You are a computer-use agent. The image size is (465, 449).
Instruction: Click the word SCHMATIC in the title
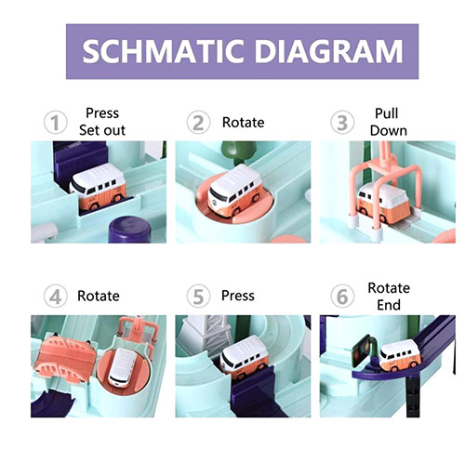point(163,51)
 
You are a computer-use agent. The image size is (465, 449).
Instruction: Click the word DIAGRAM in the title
point(328,51)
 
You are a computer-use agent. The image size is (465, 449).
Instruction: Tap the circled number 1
point(56,123)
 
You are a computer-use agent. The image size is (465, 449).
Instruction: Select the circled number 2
point(198,123)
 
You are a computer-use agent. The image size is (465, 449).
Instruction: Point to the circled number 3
point(342,123)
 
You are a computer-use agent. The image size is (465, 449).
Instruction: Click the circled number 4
point(56,297)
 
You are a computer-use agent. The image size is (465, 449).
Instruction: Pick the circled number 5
point(198,297)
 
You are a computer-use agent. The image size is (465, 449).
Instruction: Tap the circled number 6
point(342,297)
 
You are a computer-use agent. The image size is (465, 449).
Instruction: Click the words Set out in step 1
point(102,130)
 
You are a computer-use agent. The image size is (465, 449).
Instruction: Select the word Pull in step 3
point(387,113)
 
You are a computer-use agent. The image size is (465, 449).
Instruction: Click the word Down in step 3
point(389,130)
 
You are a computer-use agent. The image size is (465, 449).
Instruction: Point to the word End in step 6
point(389,305)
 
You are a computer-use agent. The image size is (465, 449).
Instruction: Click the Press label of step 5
point(238,296)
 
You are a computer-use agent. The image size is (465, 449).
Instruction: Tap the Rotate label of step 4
point(99,296)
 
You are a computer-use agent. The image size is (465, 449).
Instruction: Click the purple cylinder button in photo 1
point(129,231)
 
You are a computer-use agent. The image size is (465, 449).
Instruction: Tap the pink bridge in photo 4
point(67,355)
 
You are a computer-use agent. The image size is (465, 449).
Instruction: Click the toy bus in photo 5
point(244,356)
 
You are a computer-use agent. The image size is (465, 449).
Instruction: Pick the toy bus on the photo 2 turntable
point(234,189)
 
